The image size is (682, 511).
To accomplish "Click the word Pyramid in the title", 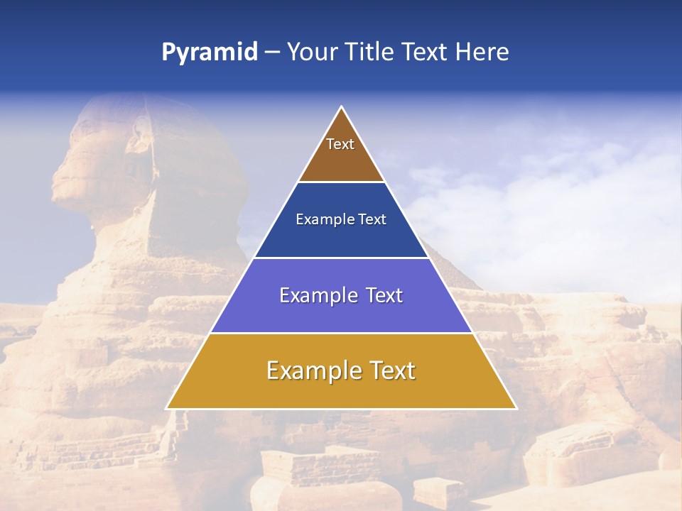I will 210,53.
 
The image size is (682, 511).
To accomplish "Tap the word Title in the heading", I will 371,53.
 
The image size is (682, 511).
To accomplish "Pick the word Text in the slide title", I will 425,53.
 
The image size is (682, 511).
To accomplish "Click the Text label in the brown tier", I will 340,144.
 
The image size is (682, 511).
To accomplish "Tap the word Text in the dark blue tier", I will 372,219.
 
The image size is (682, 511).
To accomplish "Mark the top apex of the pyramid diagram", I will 341,107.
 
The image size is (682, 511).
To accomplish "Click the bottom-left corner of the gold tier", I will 167,408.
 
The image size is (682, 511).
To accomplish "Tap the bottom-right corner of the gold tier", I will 516,408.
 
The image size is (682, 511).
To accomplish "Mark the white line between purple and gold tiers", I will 341,333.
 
